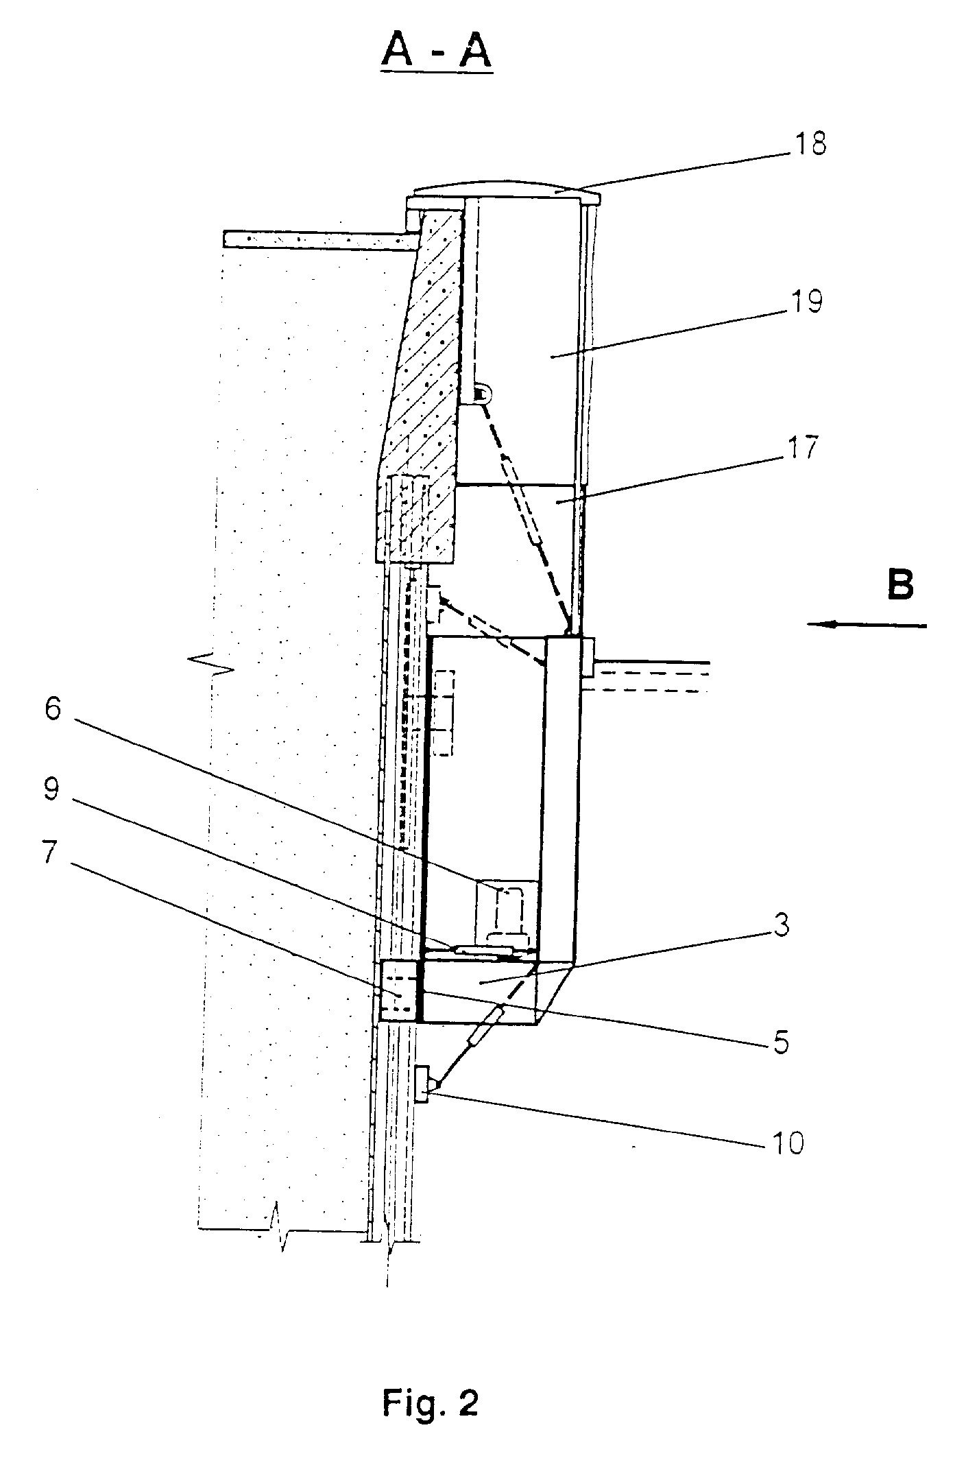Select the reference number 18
pyautogui.click(x=810, y=145)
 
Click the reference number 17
pyautogui.click(x=803, y=448)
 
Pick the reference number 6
pyautogui.click(x=53, y=709)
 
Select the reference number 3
pyautogui.click(x=781, y=925)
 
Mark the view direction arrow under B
pyautogui.click(x=867, y=624)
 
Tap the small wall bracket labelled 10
pyautogui.click(x=423, y=1084)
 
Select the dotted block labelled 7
pyautogui.click(x=398, y=991)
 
